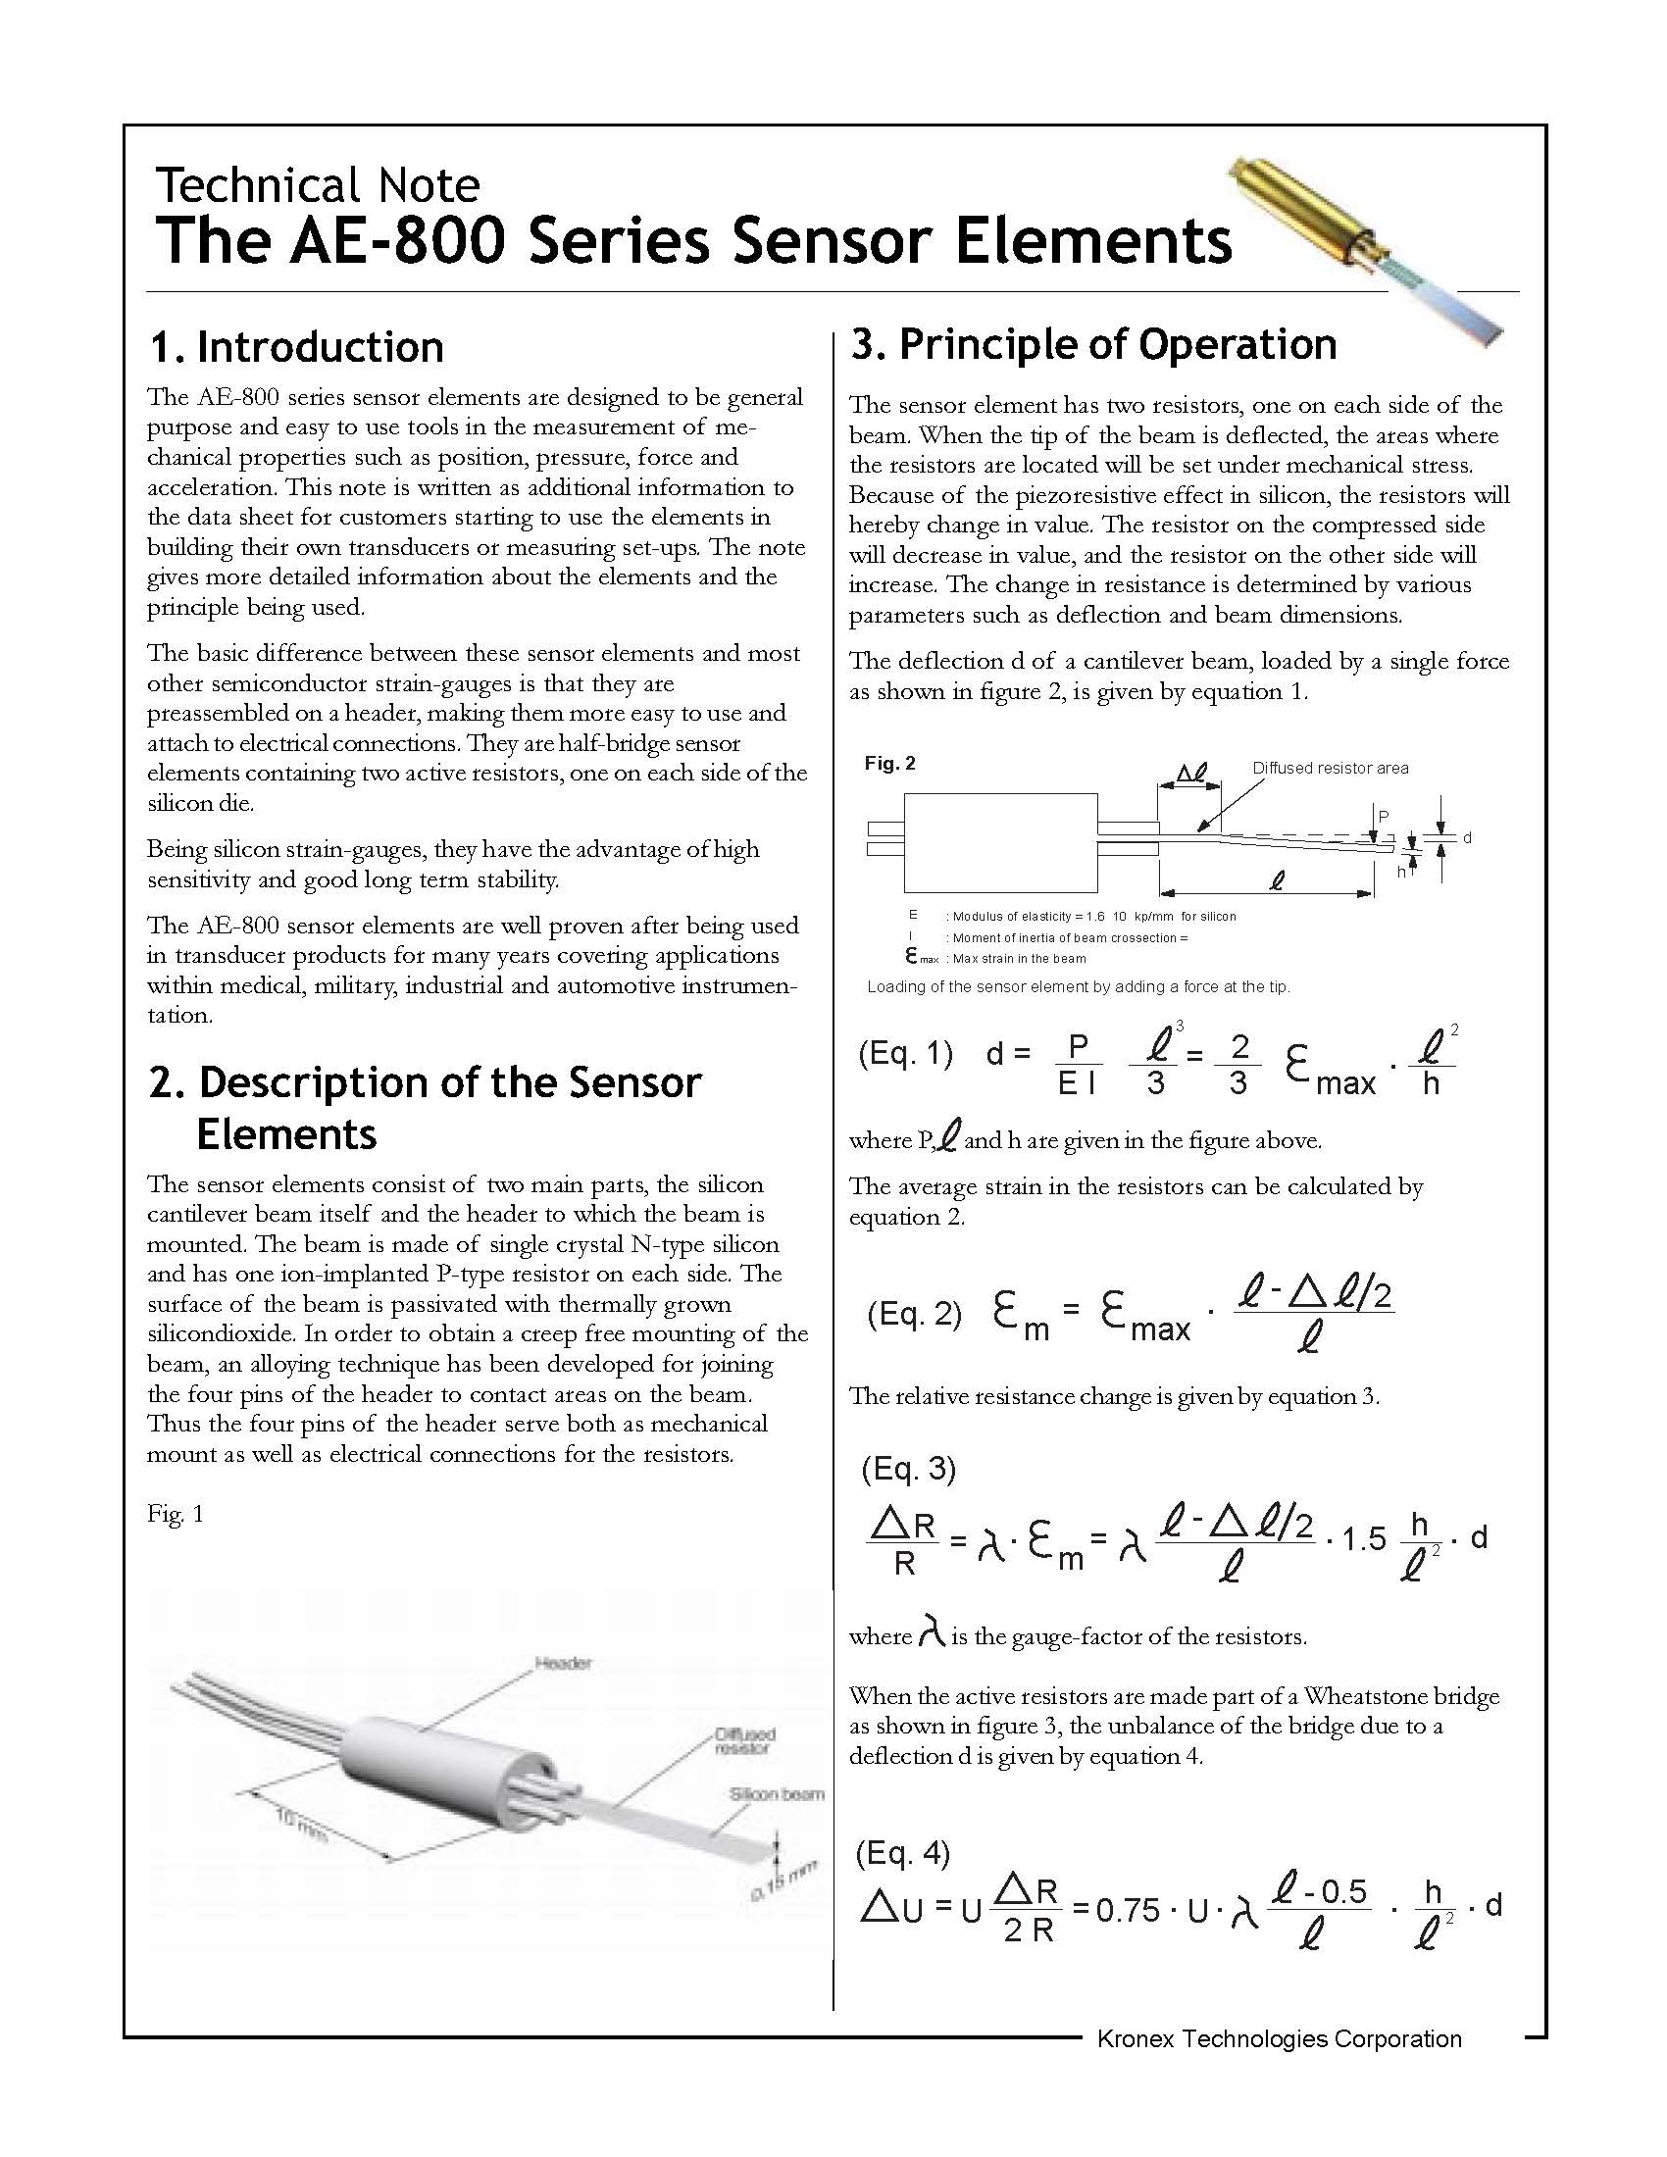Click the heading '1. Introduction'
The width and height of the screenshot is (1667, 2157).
pyautogui.click(x=295, y=348)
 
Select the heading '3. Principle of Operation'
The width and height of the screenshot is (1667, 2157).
pyautogui.click(x=1093, y=345)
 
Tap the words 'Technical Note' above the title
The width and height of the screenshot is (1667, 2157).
pyautogui.click(x=317, y=185)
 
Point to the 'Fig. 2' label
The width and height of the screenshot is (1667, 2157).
pyautogui.click(x=889, y=764)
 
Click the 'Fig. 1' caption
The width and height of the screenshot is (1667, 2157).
pyautogui.click(x=176, y=1514)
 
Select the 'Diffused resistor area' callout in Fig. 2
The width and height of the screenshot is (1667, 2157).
pyautogui.click(x=1330, y=769)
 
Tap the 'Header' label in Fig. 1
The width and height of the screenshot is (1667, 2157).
pyautogui.click(x=563, y=1663)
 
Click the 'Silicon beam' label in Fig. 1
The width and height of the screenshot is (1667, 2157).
pyautogui.click(x=777, y=1794)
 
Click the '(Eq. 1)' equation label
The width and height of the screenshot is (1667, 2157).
pyautogui.click(x=906, y=1054)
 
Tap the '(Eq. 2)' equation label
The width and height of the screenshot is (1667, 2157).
pyautogui.click(x=914, y=1314)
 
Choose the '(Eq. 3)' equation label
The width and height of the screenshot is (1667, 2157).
pyautogui.click(x=909, y=1469)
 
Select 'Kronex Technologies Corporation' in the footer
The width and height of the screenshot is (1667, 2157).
pyautogui.click(x=1279, y=2038)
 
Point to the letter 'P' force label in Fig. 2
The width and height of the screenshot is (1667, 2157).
pyautogui.click(x=1384, y=816)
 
